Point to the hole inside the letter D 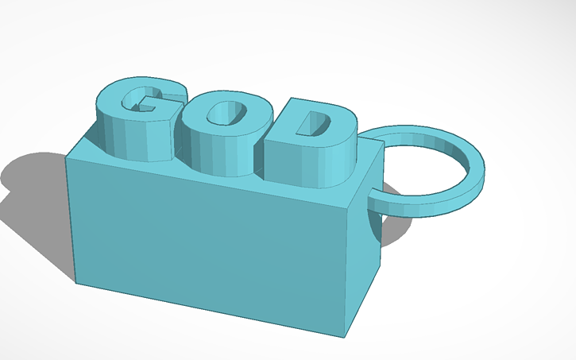click(x=320, y=124)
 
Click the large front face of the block click(x=207, y=238)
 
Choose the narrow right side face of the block click(x=362, y=254)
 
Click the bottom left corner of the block click(x=76, y=281)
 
